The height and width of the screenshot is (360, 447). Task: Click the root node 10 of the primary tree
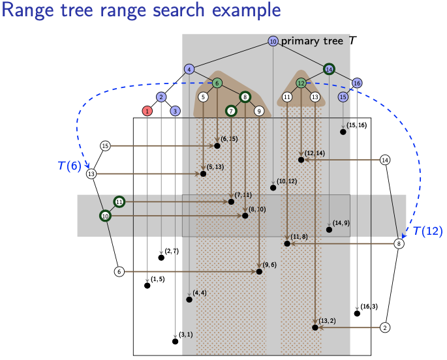coord(273,41)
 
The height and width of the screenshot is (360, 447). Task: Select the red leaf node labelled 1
coord(147,111)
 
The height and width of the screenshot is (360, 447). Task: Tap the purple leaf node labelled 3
coord(175,111)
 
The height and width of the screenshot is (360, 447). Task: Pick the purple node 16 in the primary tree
coord(357,83)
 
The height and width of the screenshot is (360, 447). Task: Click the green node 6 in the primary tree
coord(217,83)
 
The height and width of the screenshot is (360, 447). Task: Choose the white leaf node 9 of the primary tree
coord(259,111)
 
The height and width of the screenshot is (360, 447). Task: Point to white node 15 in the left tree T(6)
coord(105,145)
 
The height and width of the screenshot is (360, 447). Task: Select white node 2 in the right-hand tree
coord(386,327)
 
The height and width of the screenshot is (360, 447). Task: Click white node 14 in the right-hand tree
coord(385,160)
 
